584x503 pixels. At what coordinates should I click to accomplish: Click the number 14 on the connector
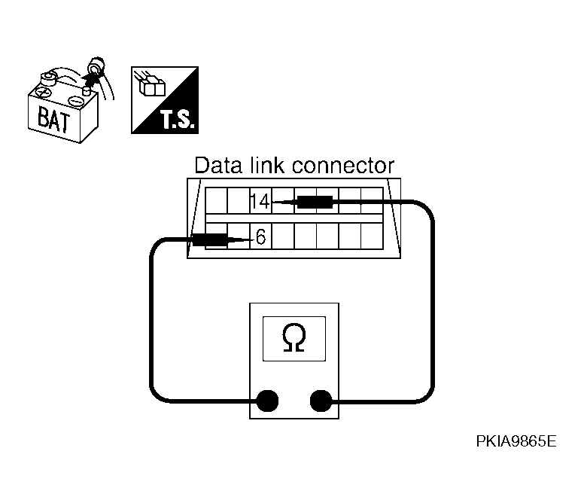tap(259, 201)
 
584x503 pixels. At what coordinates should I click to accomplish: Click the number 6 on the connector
tap(260, 237)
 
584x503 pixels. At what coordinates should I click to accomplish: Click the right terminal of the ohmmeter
tap(321, 400)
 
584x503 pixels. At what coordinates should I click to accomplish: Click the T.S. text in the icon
tap(176, 119)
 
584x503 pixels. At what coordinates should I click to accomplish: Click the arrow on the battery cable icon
tap(93, 72)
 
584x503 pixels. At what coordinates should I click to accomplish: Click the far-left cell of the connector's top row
tap(216, 201)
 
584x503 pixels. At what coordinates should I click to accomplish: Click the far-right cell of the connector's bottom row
tap(373, 237)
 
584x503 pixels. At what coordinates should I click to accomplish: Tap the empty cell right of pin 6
tap(282, 237)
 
